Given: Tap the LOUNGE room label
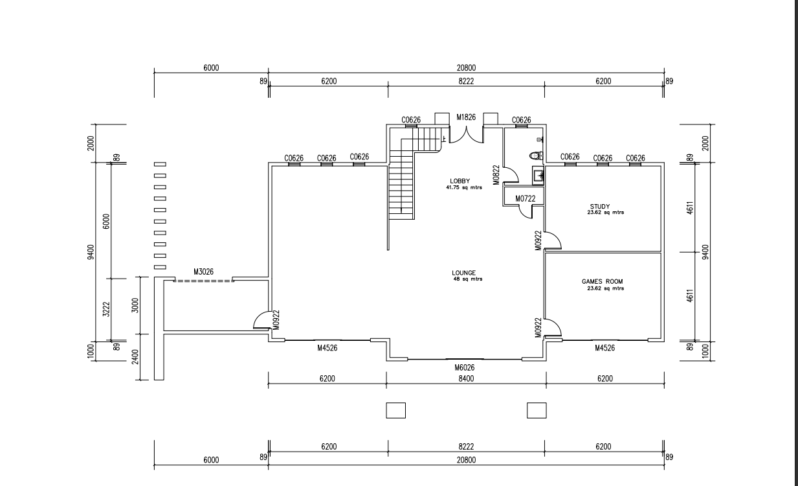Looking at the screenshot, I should (463, 273).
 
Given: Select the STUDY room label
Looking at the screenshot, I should (599, 207).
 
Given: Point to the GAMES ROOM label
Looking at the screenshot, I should (602, 282).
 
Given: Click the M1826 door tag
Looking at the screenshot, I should (466, 117).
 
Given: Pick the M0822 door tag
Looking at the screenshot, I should (496, 174).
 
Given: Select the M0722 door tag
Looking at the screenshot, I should (526, 198).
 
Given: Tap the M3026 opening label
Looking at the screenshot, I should (204, 272).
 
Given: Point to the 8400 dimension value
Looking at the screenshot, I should (466, 378).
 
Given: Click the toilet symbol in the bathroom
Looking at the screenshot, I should (534, 156).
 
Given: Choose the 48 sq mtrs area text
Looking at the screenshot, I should (467, 279).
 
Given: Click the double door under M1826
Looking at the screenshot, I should (466, 135).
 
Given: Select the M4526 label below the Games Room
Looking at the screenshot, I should (604, 348).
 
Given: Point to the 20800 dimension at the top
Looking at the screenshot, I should (466, 67).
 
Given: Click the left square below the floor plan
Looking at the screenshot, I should (395, 410).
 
